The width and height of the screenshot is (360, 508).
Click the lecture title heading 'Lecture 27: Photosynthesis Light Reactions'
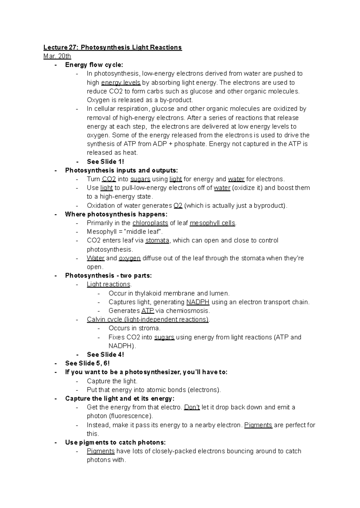pos(112,47)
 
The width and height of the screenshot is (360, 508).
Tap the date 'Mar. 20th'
pos(57,56)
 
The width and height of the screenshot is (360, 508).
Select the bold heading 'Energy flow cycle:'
pos(94,65)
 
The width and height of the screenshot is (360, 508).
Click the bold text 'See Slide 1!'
pos(105,161)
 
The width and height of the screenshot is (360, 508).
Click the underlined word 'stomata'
pos(157,241)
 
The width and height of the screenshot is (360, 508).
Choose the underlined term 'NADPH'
pos(198,302)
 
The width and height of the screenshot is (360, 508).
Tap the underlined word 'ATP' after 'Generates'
pos(147,311)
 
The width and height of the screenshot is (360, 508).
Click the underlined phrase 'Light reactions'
pos(109,284)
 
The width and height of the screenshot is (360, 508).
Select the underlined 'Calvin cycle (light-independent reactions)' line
pos(148,319)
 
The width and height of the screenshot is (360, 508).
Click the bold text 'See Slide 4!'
pos(105,354)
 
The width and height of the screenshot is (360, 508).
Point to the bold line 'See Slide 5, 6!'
pos(87,363)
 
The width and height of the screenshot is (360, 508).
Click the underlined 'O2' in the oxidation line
pos(178,205)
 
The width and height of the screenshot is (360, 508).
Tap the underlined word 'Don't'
pos(192,407)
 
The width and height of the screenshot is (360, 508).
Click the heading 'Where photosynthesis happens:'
pos(116,214)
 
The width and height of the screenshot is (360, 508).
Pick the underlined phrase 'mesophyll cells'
pos(213,223)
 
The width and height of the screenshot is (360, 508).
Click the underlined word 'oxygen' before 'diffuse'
pos(130,258)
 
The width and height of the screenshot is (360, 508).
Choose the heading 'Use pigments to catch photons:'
pos(115,442)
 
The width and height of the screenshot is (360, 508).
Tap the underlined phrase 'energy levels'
pos(121,82)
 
